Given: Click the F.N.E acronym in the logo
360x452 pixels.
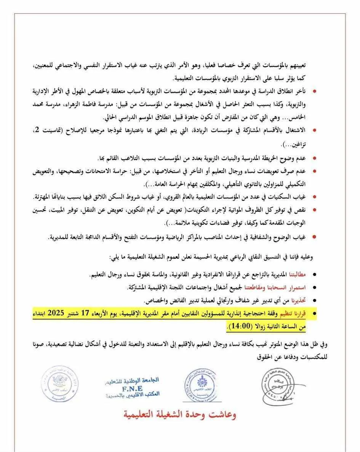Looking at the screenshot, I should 133,388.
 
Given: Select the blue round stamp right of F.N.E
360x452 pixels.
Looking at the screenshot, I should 201,383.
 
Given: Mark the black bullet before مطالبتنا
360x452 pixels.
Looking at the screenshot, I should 314,275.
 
